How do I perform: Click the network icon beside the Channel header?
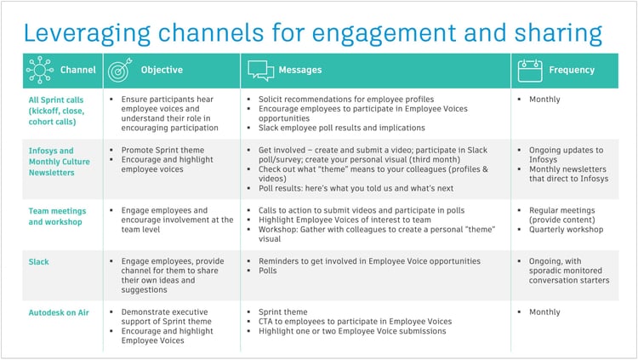(x=40, y=70)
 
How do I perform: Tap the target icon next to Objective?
(x=117, y=70)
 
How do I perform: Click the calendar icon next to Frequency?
(x=531, y=70)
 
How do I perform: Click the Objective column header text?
(x=162, y=70)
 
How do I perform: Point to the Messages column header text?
(x=303, y=70)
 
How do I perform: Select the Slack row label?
(x=39, y=262)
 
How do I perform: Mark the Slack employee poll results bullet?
(x=341, y=128)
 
